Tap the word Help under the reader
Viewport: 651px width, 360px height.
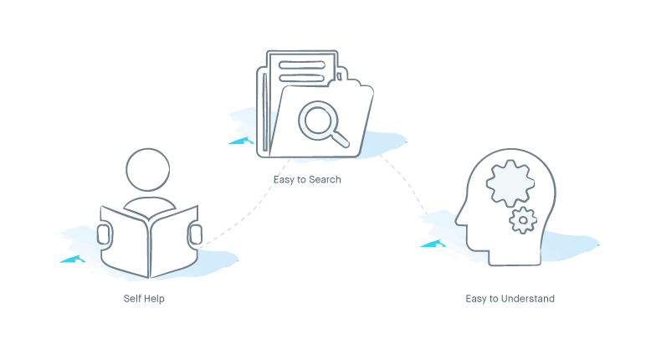click(x=155, y=299)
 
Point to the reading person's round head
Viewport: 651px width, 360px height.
click(x=148, y=170)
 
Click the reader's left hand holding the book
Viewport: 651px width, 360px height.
click(x=104, y=234)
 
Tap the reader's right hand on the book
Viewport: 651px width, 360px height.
click(x=196, y=234)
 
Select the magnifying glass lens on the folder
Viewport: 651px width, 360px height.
click(x=319, y=120)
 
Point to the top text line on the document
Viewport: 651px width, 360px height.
click(x=302, y=64)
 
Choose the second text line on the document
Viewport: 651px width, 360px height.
click(x=302, y=78)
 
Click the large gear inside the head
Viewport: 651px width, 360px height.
click(x=510, y=183)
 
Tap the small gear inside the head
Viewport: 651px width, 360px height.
click(x=523, y=220)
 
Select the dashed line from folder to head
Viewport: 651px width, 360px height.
click(x=406, y=182)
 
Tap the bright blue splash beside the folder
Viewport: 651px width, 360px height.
click(x=242, y=141)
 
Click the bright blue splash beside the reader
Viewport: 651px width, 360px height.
click(x=73, y=260)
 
